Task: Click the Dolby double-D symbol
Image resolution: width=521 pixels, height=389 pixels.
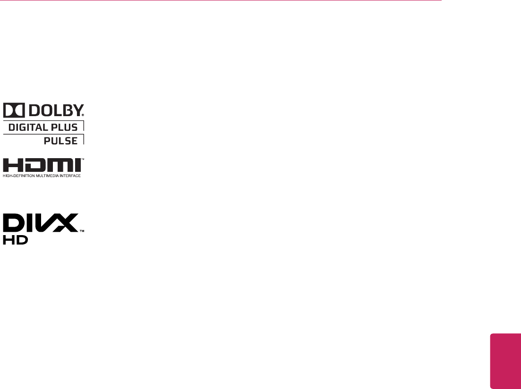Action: [x=13, y=111]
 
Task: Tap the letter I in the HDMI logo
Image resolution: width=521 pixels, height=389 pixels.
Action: [x=77, y=166]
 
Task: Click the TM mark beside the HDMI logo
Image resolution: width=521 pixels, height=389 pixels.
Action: [x=83, y=160]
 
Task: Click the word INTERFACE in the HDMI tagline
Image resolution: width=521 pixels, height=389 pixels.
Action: [x=71, y=176]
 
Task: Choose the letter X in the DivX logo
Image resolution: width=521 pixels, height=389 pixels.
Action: [x=66, y=223]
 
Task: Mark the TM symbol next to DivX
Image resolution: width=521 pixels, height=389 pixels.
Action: [x=82, y=231]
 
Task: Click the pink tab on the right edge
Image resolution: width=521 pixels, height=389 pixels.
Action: [x=505, y=361]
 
